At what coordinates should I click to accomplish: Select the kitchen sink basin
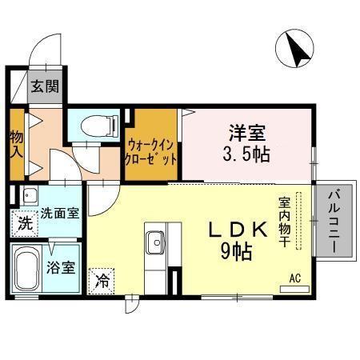point(155,238)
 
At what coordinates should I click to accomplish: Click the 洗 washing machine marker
point(24,224)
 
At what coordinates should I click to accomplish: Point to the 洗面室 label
point(59,214)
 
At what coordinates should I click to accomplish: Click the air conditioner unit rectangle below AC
point(295,286)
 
